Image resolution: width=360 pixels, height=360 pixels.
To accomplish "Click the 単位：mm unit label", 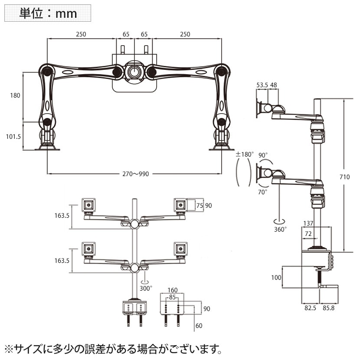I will click(x=48, y=13).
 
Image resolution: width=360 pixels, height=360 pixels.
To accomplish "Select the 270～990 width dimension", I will click(x=135, y=174).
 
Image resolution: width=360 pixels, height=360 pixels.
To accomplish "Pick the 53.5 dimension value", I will click(x=262, y=85).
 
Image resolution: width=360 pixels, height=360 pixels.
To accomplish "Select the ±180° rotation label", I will click(x=243, y=154).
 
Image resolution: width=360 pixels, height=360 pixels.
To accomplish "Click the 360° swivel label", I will click(x=280, y=229).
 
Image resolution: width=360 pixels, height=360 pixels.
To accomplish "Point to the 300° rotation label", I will click(x=146, y=288).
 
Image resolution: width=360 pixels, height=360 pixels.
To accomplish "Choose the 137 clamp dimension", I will click(x=308, y=223).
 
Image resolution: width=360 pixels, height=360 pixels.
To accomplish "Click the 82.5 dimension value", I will click(x=310, y=308).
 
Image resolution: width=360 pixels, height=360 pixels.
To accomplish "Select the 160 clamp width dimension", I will click(x=173, y=290).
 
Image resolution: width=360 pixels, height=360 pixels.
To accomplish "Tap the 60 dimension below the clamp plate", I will click(x=199, y=325).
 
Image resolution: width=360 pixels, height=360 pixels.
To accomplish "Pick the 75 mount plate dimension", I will click(x=200, y=206).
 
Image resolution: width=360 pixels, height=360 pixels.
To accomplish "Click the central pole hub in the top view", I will click(x=134, y=72).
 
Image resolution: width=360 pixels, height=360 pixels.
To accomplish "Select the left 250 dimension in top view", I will click(x=81, y=34).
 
